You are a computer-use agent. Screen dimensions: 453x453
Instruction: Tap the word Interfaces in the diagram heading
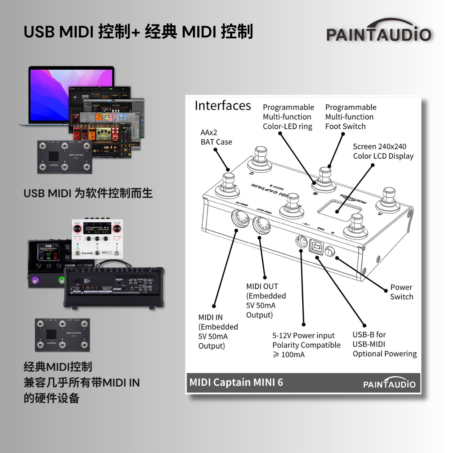click(x=223, y=106)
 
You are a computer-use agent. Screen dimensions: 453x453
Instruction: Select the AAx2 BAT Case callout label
click(x=216, y=137)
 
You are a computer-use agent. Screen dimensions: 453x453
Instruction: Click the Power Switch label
click(x=401, y=292)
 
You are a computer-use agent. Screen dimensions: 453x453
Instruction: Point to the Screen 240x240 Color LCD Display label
click(x=383, y=151)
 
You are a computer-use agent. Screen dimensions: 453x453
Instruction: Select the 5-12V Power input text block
click(x=306, y=345)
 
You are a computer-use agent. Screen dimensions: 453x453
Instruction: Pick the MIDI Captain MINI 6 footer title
click(x=236, y=382)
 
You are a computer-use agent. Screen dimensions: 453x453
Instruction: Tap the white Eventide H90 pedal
click(x=97, y=239)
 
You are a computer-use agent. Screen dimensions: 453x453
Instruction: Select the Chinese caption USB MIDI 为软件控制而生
click(x=88, y=193)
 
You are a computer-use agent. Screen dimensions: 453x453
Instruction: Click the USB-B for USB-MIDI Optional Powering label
click(x=384, y=344)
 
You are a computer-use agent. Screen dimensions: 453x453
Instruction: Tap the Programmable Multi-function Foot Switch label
click(x=351, y=117)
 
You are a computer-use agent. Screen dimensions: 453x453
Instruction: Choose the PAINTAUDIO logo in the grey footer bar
click(x=389, y=383)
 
